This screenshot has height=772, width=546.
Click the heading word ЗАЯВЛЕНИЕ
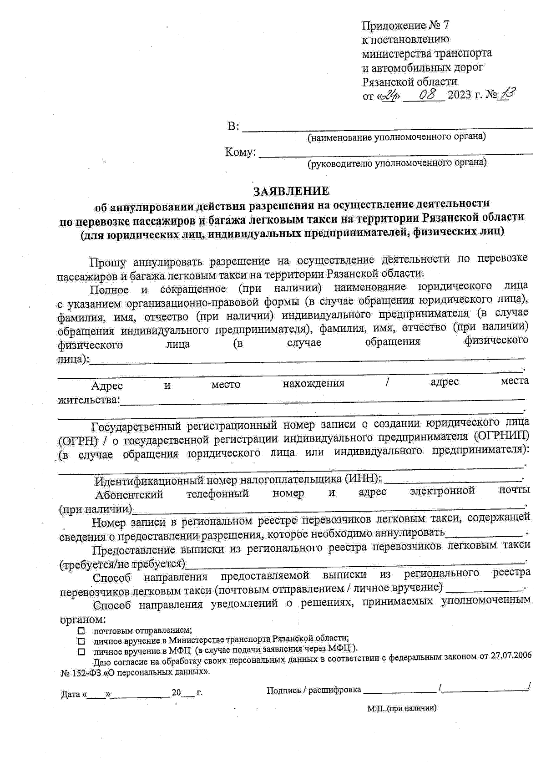291,190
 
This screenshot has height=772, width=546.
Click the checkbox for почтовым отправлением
81,631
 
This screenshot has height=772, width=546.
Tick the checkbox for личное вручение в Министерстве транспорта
81,641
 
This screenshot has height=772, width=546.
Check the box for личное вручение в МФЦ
81,651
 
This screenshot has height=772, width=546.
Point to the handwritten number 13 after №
508,94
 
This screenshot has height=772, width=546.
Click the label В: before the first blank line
233,127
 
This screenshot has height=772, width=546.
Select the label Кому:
240,152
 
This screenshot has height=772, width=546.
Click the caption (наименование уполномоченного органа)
396,137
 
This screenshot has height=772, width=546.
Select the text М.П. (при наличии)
402,709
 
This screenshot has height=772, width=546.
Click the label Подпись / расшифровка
313,690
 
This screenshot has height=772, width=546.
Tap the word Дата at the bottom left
70,695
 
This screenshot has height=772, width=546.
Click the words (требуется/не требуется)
122,565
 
